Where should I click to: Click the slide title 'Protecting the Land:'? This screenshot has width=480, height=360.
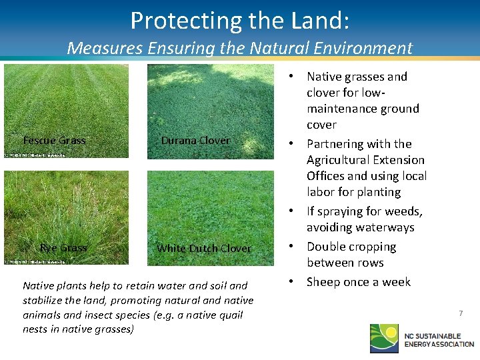click(239, 21)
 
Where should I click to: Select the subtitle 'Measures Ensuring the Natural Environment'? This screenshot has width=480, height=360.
click(239, 48)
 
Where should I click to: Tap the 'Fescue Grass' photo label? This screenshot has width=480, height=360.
click(54, 140)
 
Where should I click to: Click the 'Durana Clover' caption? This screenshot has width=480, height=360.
click(195, 140)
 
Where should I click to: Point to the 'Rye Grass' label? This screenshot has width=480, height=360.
click(63, 247)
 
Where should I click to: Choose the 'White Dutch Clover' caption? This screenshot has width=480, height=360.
click(203, 248)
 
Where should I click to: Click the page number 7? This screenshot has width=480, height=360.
click(460, 313)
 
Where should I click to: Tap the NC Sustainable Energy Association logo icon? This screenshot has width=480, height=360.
click(385, 337)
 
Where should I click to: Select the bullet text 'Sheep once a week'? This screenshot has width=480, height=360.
click(358, 282)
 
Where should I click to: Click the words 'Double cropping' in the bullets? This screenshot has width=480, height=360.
click(351, 247)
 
